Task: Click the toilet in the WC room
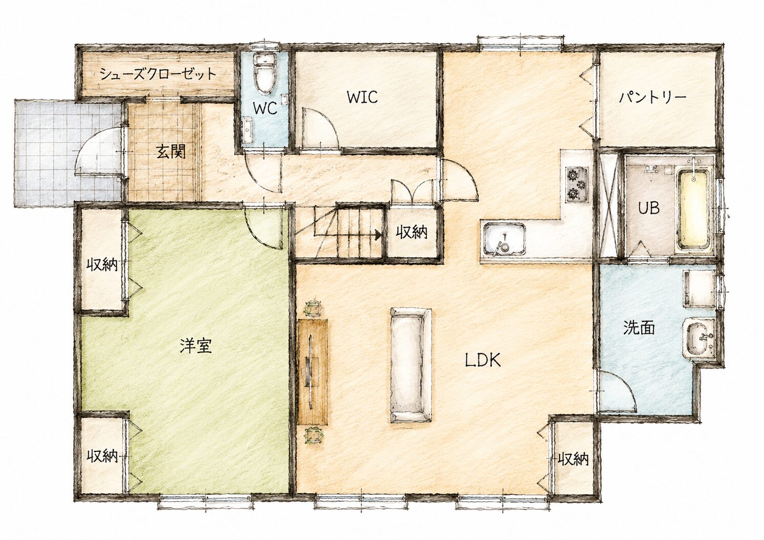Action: coord(264,75)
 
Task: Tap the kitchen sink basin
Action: coord(503,239)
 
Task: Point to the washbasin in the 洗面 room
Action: coord(698,340)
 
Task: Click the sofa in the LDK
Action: coord(411,365)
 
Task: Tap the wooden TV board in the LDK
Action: coord(312,372)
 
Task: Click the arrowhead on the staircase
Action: coord(378,235)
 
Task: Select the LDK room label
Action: coord(483,360)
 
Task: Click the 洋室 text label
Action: coord(196,346)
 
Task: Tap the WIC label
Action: coord(362,97)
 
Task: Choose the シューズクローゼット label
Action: coord(158,74)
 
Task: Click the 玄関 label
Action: coord(171,151)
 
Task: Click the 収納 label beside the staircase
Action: coord(412,233)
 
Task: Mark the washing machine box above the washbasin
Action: coord(699,288)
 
